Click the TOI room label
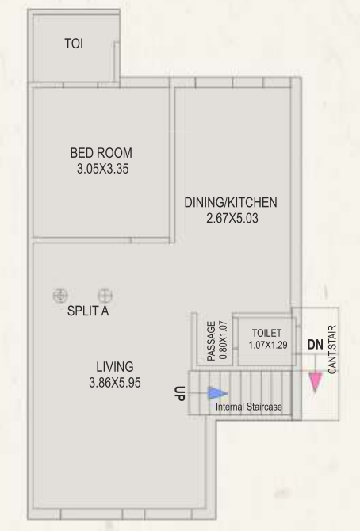tap(73, 44)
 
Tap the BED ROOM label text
tap(101, 153)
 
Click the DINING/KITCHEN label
tap(231, 202)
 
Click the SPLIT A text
tap(88, 311)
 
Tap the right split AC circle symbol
tap(105, 296)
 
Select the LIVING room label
tap(115, 367)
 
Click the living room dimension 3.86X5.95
tap(115, 382)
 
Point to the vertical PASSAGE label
tap(211, 341)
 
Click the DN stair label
tap(315, 345)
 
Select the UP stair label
tap(180, 393)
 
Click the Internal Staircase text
tap(249, 407)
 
